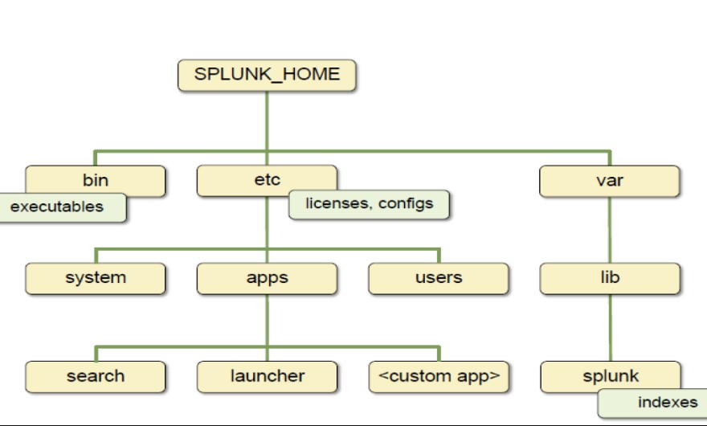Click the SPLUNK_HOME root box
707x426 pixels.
click(x=267, y=76)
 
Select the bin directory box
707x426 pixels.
click(x=96, y=179)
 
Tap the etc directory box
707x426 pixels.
click(x=267, y=179)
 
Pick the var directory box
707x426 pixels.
click(x=610, y=180)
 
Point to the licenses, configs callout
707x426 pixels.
click(x=369, y=204)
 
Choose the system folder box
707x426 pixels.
click(x=96, y=278)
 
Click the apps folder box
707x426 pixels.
click(x=267, y=278)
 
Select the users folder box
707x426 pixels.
click(x=439, y=278)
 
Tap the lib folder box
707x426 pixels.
click(x=610, y=278)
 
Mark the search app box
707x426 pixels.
click(x=96, y=376)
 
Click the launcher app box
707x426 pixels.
click(x=267, y=376)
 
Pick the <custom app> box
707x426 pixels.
click(x=439, y=376)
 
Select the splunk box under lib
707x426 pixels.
click(x=610, y=375)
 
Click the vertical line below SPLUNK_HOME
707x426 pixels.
click(x=267, y=121)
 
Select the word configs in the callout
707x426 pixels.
click(x=405, y=204)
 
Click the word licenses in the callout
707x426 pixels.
click(x=337, y=204)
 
